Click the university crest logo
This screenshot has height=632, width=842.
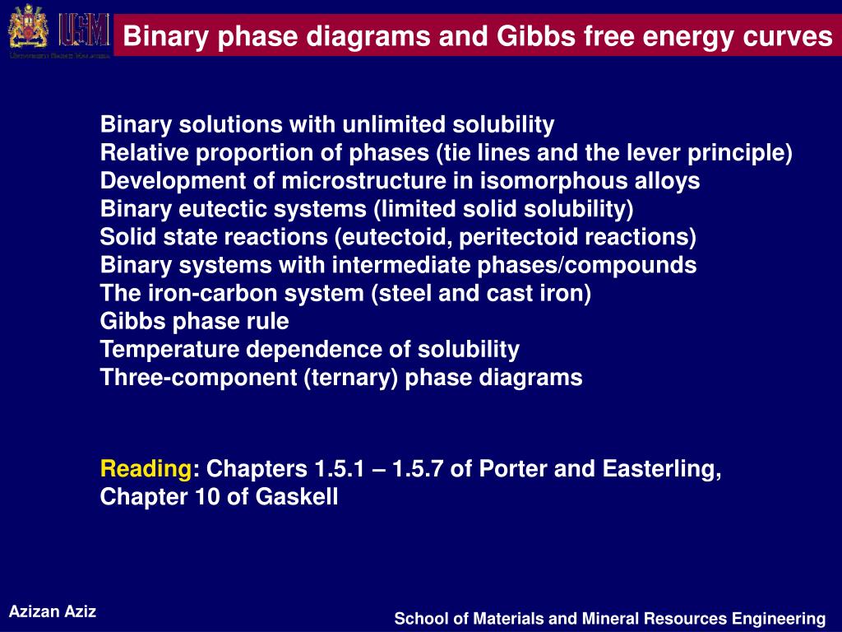tap(27, 29)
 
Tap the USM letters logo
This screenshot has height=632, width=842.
tap(83, 29)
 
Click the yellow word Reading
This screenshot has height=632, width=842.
tap(146, 469)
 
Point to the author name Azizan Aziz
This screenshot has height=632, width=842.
tap(53, 611)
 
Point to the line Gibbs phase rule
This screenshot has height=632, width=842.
tap(194, 322)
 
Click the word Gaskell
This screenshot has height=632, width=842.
tap(297, 497)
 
